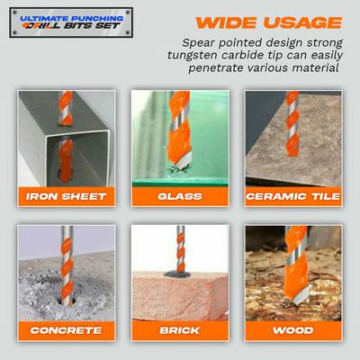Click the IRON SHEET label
click(x=66, y=196)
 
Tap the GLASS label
click(x=180, y=196)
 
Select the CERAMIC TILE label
click(x=293, y=196)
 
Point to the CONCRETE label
click(x=66, y=330)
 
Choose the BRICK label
click(x=180, y=330)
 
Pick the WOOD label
click(x=293, y=330)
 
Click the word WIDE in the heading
click(x=227, y=22)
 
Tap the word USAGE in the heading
click(x=302, y=22)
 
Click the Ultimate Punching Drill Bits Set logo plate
click(x=71, y=22)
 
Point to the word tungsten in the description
click(x=193, y=56)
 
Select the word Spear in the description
click(x=198, y=43)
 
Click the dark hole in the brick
click(x=177, y=274)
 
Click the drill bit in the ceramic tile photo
click(x=292, y=123)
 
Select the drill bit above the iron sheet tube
click(x=66, y=108)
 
